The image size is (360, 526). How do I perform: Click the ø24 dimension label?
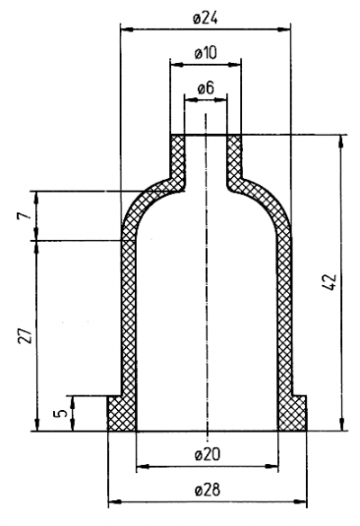tap(205, 19)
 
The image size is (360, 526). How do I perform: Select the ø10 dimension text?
tap(206, 53)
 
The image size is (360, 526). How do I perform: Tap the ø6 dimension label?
tap(205, 88)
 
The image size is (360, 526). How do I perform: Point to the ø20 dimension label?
tap(208, 455)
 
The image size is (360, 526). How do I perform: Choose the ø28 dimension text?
tap(208, 490)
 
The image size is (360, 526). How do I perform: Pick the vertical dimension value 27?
tap(25, 335)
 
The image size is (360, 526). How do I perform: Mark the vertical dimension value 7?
tap(25, 216)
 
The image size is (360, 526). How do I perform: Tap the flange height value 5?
tap(60, 414)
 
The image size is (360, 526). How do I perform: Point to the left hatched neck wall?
tap(178, 156)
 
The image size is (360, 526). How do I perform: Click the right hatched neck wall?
tap(234, 156)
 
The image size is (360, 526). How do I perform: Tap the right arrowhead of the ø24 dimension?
tap(283, 30)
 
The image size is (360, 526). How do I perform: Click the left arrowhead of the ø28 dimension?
tap(114, 502)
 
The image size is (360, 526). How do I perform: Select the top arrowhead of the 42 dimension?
tap(341, 141)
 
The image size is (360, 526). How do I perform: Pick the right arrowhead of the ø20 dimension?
tap(272, 467)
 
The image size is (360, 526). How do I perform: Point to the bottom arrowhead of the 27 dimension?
tap(37, 424)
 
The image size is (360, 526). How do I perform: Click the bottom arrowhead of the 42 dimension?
tap(341, 424)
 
